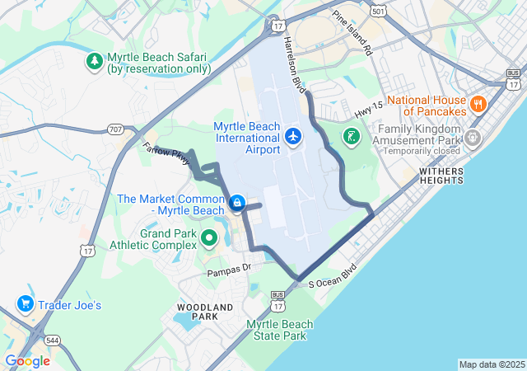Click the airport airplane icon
coord(292,137)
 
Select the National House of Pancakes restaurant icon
coord(478,105)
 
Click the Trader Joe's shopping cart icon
coord(26,304)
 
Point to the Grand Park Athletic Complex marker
coord(209,240)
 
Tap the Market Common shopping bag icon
coord(237,203)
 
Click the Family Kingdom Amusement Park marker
coord(472,137)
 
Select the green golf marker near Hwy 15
coord(351,136)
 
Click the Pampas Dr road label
coord(228,270)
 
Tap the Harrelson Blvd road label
coord(294,63)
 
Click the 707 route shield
coord(115,129)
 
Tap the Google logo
coord(27,361)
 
